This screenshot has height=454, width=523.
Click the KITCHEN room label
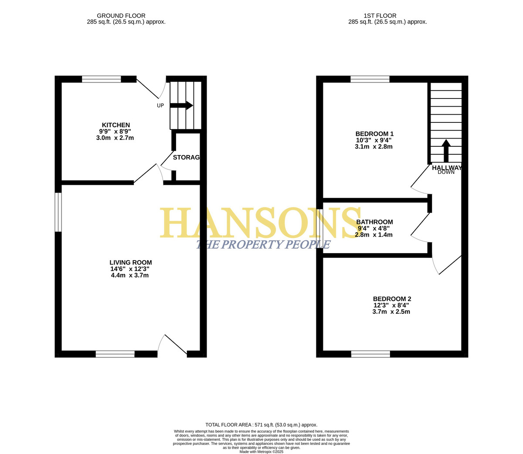pyautogui.click(x=116, y=125)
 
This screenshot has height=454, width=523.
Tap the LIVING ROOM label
pyautogui.click(x=131, y=262)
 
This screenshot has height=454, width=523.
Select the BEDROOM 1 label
pyautogui.click(x=374, y=134)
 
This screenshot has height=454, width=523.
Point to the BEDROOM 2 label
pyautogui.click(x=392, y=298)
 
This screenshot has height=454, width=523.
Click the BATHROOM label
pyautogui.click(x=374, y=222)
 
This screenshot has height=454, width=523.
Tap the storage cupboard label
pyautogui.click(x=186, y=157)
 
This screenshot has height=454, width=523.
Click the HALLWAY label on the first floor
pyautogui.click(x=447, y=168)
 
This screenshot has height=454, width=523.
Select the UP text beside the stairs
pyautogui.click(x=160, y=105)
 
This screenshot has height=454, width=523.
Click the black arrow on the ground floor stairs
pyautogui.click(x=181, y=105)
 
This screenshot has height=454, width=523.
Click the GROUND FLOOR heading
pyautogui.click(x=121, y=16)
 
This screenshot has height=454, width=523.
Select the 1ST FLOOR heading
pyautogui.click(x=380, y=16)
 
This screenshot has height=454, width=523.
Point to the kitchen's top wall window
pyautogui.click(x=101, y=79)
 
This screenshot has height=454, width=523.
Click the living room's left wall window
pyautogui.click(x=58, y=212)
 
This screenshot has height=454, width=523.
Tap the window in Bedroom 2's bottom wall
pyautogui.click(x=370, y=354)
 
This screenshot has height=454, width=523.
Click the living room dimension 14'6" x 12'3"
pyautogui.click(x=129, y=269)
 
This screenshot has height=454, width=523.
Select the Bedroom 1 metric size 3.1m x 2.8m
pyautogui.click(x=374, y=147)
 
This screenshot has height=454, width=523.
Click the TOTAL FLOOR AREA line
pyautogui.click(x=261, y=425)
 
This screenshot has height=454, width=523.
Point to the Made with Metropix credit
pyautogui.click(x=261, y=452)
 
